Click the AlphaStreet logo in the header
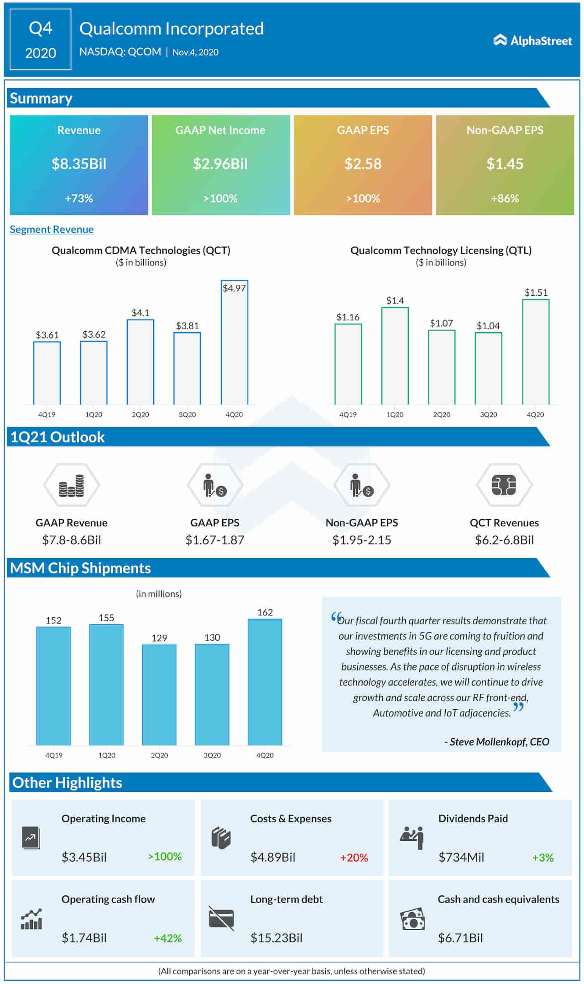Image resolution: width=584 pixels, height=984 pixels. coord(532,41)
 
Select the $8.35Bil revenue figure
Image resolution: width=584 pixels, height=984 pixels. coord(79,164)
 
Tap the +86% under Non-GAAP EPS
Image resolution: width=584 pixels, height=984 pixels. coord(505,199)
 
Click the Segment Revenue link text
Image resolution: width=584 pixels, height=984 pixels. coord(52,230)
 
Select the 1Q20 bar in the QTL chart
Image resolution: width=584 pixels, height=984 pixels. coord(395,356)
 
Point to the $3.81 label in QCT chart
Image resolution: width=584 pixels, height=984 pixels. coord(188,326)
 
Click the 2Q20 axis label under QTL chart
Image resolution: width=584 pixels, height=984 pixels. coord(442,414)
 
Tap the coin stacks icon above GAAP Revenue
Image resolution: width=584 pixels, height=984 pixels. coord(72,485)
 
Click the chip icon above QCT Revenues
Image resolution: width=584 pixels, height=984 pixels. coord(504,485)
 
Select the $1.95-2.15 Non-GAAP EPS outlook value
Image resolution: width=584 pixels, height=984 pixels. coord(362,540)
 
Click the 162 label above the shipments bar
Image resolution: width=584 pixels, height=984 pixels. coord(265,612)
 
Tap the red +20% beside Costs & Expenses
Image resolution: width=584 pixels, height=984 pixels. coord(354,858)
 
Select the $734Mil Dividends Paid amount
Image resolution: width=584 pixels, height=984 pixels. coord(461,857)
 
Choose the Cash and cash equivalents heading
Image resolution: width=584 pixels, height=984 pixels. coord(498,899)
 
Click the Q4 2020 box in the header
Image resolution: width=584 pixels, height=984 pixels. coord(41,40)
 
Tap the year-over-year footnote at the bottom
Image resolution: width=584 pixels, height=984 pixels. coord(292,971)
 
